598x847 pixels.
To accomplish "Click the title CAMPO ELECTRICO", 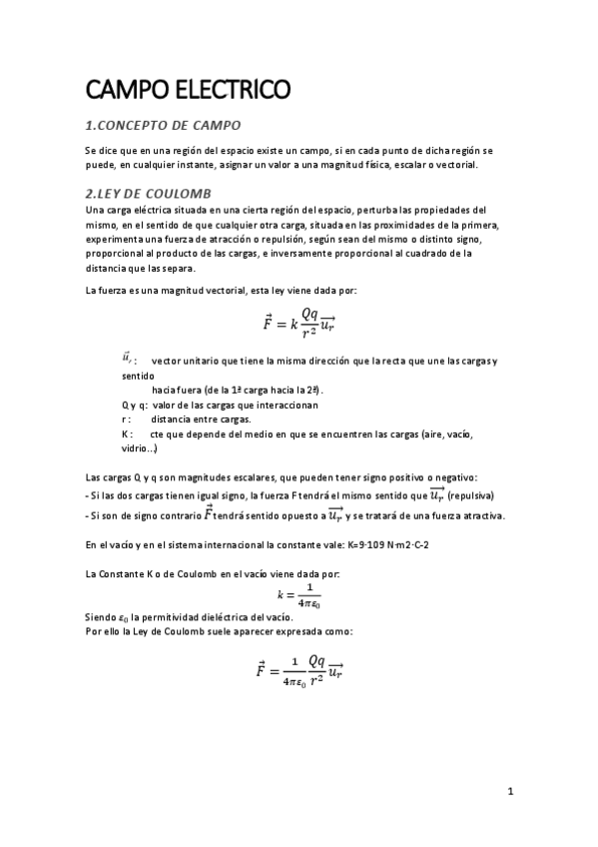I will tap(189, 91).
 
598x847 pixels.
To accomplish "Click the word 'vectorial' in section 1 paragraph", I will tap(455, 165).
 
